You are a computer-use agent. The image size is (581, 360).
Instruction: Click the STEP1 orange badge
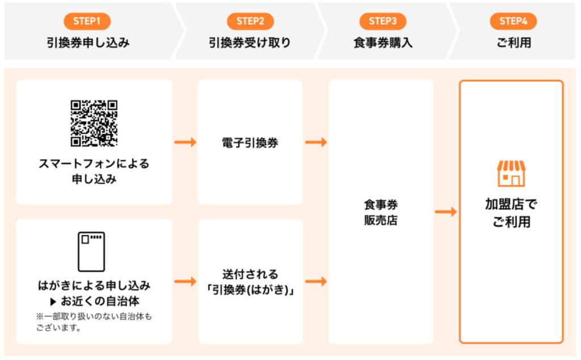pyautogui.click(x=87, y=21)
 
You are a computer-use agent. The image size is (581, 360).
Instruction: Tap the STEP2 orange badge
pyautogui.click(x=250, y=21)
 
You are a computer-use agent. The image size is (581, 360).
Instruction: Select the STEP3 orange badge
pyautogui.click(x=383, y=21)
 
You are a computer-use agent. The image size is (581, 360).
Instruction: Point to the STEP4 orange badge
pyautogui.click(x=513, y=21)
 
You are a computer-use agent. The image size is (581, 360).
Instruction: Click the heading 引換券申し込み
pyautogui.click(x=88, y=43)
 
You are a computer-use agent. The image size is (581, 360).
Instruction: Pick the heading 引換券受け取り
pyautogui.click(x=250, y=43)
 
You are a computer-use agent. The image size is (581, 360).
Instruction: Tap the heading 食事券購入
pyautogui.click(x=383, y=43)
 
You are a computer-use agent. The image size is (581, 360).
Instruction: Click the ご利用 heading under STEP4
pyautogui.click(x=514, y=43)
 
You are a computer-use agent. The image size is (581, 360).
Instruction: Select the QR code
pyautogui.click(x=94, y=123)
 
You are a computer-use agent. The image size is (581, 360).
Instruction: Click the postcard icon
pyautogui.click(x=91, y=252)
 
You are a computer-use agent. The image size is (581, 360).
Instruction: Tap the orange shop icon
pyautogui.click(x=511, y=173)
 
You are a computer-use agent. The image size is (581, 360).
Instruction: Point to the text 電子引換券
pyautogui.click(x=250, y=143)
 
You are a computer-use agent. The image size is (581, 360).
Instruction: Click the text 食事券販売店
pyautogui.click(x=381, y=212)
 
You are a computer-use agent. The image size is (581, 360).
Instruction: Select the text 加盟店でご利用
pyautogui.click(x=511, y=213)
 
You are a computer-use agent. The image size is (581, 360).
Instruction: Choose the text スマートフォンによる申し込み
pyautogui.click(x=94, y=171)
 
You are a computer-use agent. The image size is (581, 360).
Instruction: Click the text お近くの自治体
pyautogui.click(x=100, y=301)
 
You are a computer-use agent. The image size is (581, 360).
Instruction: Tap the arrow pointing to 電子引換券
pyautogui.click(x=186, y=142)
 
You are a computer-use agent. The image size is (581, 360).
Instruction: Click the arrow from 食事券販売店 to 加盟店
pyautogui.click(x=446, y=212)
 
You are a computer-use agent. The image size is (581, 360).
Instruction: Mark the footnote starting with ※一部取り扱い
pyautogui.click(x=94, y=322)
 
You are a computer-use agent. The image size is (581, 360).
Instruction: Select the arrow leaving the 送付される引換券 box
pyautogui.click(x=316, y=282)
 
